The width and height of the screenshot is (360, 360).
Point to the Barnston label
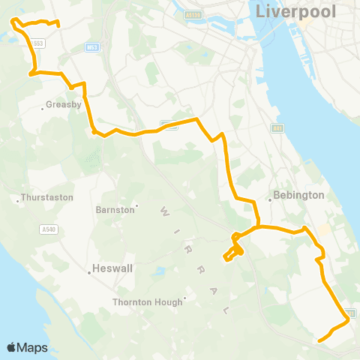[x=115, y=210]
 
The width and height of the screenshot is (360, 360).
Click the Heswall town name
[x=112, y=267]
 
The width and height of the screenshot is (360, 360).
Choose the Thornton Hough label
[x=147, y=302]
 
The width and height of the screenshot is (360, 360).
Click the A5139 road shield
[x=193, y=14]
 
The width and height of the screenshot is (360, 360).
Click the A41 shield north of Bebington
[x=277, y=128]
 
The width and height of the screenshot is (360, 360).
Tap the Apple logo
[x=11, y=347]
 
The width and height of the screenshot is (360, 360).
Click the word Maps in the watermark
[x=32, y=347]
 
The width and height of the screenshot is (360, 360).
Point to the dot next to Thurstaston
[x=17, y=199]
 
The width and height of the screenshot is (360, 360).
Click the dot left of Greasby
[x=42, y=107]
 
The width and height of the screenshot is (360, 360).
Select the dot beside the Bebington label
[x=270, y=199]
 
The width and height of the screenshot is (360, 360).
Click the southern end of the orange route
[x=319, y=341]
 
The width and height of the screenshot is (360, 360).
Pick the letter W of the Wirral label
[x=162, y=213]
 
